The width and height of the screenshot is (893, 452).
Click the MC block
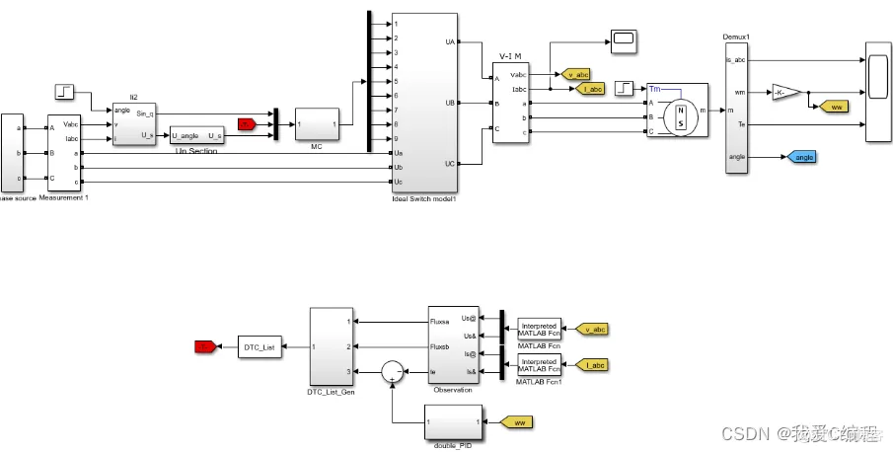pos(317,124)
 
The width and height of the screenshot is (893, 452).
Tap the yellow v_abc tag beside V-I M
pos(573,74)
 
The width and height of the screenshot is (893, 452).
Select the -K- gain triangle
pos(785,92)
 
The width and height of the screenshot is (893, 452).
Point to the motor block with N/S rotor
pos(674,111)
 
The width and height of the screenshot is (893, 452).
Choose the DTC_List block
pos(257,346)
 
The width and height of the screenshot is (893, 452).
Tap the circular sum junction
pos(393,371)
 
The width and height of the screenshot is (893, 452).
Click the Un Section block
pos(196,135)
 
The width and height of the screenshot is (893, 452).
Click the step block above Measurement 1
pos(64,92)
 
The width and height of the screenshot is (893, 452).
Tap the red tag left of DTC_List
pos(204,346)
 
